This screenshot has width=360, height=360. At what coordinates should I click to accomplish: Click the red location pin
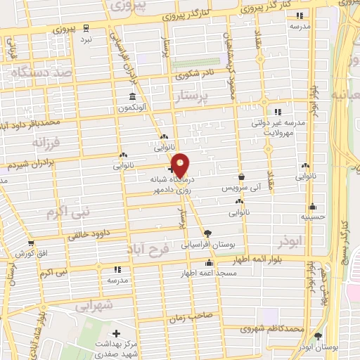(x=181, y=164)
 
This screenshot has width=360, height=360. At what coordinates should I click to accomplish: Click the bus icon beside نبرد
(x=86, y=28)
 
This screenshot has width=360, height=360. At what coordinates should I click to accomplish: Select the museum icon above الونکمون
(x=131, y=96)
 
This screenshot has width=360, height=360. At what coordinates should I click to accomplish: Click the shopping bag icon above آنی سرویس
(x=242, y=176)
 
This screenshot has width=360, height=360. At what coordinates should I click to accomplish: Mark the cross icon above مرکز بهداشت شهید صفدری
(x=116, y=333)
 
